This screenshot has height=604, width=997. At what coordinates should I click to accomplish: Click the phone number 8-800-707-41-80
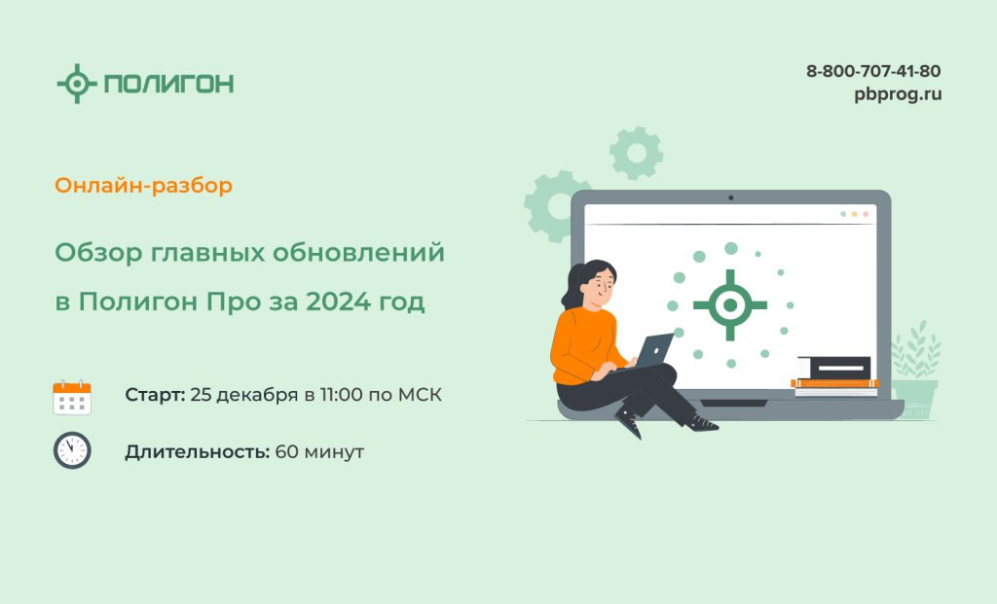tap(873, 71)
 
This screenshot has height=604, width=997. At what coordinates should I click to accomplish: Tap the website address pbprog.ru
tap(898, 94)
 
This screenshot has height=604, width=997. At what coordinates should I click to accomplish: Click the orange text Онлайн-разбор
tap(144, 186)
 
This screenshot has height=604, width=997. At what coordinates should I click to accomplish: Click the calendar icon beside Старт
tap(72, 398)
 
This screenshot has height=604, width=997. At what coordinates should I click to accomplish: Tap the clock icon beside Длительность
tap(72, 451)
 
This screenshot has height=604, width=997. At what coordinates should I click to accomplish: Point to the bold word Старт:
tap(155, 395)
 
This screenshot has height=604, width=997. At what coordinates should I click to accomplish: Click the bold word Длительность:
tap(198, 452)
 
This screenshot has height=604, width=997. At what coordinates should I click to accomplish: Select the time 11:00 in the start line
tap(341, 395)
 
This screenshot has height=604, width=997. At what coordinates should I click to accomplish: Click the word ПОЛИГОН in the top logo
tap(169, 84)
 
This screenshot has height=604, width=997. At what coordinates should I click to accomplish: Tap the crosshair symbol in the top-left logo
tap(77, 84)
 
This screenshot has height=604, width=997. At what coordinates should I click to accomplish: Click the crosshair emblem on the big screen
tap(730, 305)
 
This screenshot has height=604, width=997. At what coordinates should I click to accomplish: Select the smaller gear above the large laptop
tap(636, 153)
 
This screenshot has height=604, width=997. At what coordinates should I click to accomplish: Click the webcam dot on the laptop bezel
tap(730, 198)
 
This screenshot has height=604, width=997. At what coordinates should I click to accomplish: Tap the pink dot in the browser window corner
tap(866, 214)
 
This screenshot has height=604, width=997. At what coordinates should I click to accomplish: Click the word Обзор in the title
tap(98, 253)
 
